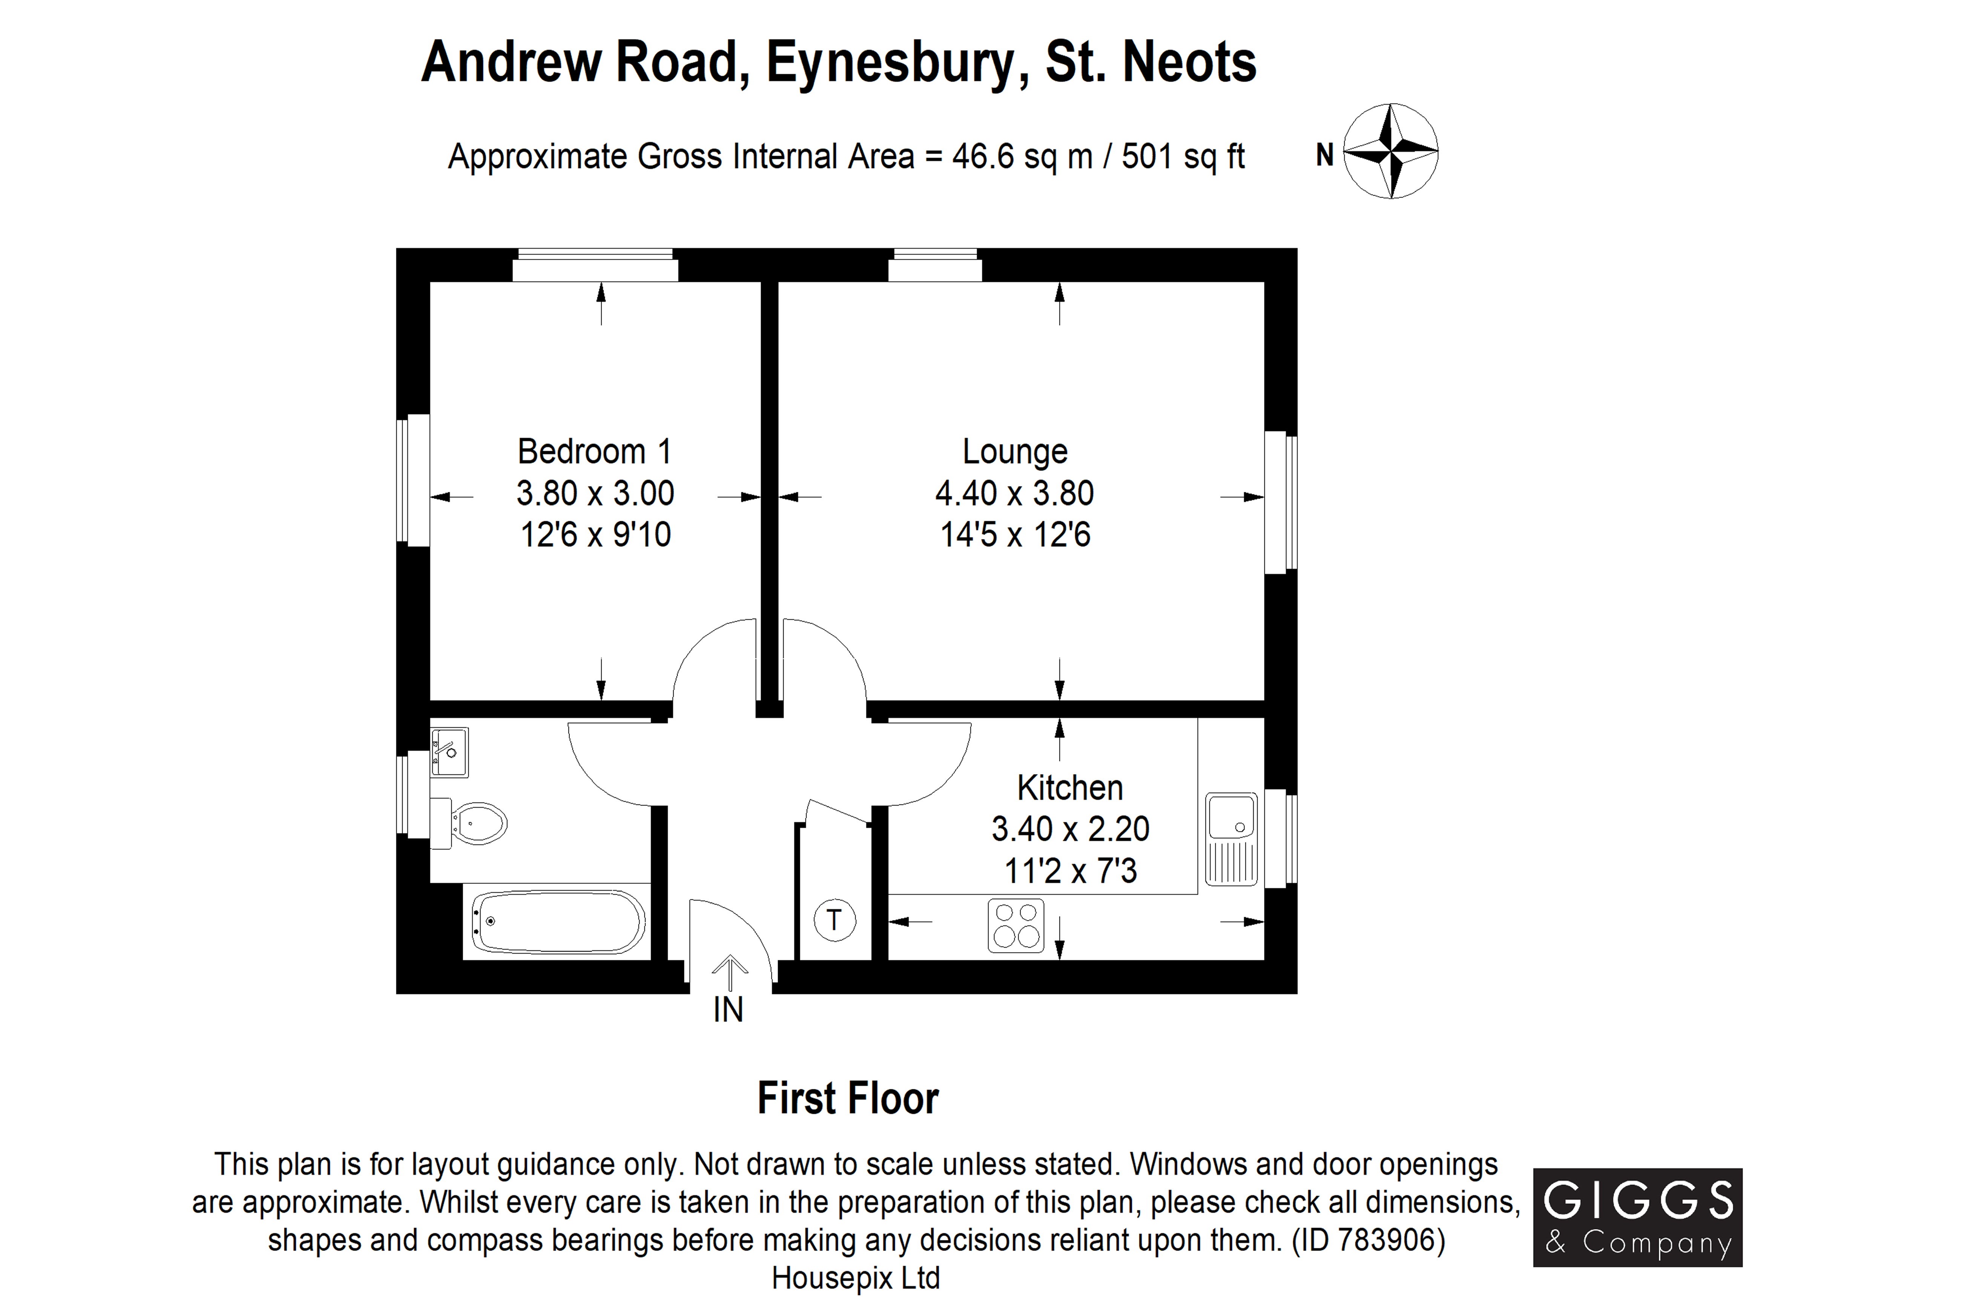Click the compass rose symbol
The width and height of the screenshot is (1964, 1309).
pyautogui.click(x=1390, y=151)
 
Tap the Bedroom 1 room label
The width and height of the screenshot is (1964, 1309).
pyautogui.click(x=595, y=452)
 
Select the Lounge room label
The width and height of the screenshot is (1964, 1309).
pyautogui.click(x=1014, y=452)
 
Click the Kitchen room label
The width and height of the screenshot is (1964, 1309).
pyautogui.click(x=1069, y=787)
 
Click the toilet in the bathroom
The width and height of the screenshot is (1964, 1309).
pyautogui.click(x=469, y=824)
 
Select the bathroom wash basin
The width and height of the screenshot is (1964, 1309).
pyautogui.click(x=449, y=751)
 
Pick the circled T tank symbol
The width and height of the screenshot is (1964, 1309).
pyautogui.click(x=834, y=920)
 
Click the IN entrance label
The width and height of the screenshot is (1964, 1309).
pyautogui.click(x=728, y=1010)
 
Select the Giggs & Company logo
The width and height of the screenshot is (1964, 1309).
pyautogui.click(x=1637, y=1217)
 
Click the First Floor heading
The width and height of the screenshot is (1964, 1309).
pyautogui.click(x=848, y=1099)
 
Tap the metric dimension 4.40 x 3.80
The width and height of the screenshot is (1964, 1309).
pyautogui.click(x=1014, y=493)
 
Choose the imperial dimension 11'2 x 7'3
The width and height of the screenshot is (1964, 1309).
pyautogui.click(x=1071, y=871)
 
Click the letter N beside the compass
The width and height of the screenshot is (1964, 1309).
pyautogui.click(x=1324, y=155)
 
